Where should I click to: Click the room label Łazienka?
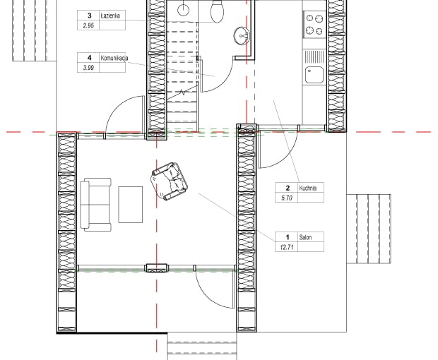pyautogui.click(x=111, y=16)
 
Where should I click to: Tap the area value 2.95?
pyautogui.click(x=88, y=25)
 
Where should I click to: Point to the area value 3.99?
pyautogui.click(x=88, y=68)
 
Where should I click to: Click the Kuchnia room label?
pyautogui.click(x=308, y=188)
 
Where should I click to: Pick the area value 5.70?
pyautogui.click(x=287, y=198)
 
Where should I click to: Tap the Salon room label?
pyautogui.click(x=305, y=237)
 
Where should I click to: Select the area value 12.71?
pyautogui.click(x=287, y=247)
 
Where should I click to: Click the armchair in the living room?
pyautogui.click(x=170, y=181)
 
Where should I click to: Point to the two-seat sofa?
pyautogui.click(x=96, y=205)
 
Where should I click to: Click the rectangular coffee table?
pyautogui.click(x=131, y=205)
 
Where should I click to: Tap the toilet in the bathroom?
pyautogui.click(x=217, y=11)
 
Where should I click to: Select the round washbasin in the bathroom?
pyautogui.click(x=242, y=36)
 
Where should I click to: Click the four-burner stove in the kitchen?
pyautogui.click(x=314, y=24)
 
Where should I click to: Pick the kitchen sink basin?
pyautogui.click(x=314, y=75)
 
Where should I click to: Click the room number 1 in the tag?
pyautogui.click(x=287, y=237)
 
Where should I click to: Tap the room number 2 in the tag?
pyautogui.click(x=288, y=188)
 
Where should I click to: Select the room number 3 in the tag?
pyautogui.click(x=90, y=16)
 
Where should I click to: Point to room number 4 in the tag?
pyautogui.click(x=90, y=58)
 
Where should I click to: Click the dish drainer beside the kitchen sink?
pyautogui.click(x=314, y=57)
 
